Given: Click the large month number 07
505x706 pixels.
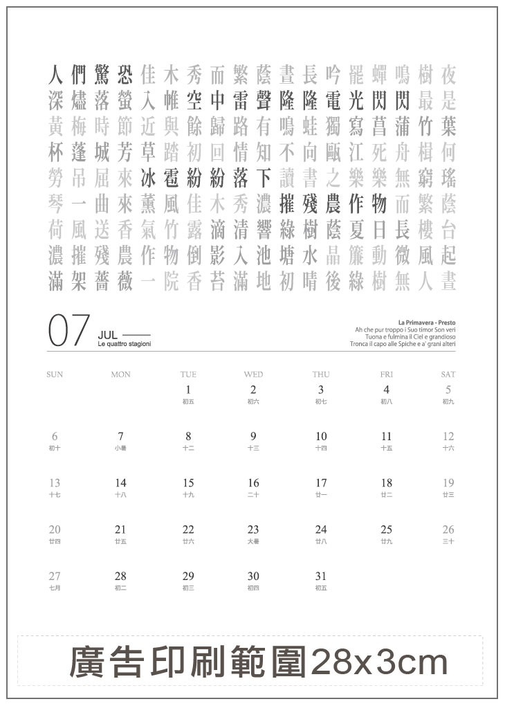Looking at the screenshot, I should [x=69, y=330].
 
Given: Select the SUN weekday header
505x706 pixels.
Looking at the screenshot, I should [x=55, y=374].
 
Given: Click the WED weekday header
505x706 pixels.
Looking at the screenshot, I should [x=253, y=374].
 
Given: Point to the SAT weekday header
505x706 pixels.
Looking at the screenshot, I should [x=448, y=374].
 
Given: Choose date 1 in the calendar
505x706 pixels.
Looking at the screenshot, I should [x=188, y=390].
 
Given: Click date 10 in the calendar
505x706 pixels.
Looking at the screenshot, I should [x=321, y=436].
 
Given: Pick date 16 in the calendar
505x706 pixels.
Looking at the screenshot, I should [x=253, y=483].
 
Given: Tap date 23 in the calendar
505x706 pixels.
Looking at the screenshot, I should [x=253, y=529].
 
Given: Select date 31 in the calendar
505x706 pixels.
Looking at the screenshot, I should [x=321, y=576].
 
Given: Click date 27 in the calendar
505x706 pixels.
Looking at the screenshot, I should [x=55, y=576].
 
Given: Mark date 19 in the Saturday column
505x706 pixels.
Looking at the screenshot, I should [x=448, y=483].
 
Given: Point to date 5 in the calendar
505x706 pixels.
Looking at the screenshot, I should [x=448, y=390].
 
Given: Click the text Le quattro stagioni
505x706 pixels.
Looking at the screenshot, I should [x=125, y=344].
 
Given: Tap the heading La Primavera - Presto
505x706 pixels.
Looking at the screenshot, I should [x=427, y=322].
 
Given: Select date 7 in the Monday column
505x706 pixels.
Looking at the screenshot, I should [x=120, y=436].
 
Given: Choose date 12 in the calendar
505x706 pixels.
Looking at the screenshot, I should [x=448, y=436].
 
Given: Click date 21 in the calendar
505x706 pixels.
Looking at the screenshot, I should [x=120, y=529].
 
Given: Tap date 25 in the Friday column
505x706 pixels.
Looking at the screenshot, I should [x=386, y=529].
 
